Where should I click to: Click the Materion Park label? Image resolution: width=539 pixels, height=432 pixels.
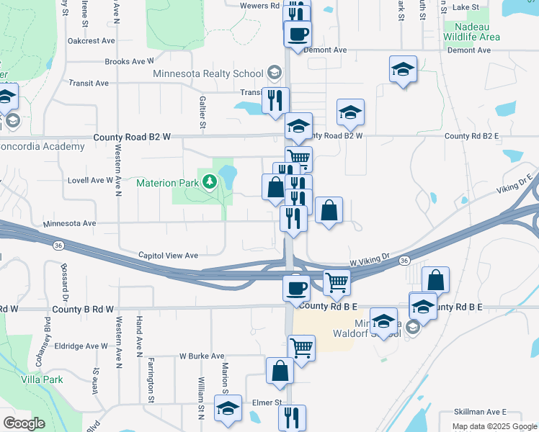[168, 182]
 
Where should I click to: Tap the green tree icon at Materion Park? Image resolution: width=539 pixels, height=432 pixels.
[210, 181]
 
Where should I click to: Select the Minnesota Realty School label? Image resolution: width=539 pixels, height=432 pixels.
[208, 73]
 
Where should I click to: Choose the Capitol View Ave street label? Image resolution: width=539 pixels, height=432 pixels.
[168, 256]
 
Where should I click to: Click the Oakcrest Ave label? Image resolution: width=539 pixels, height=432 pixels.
[92, 41]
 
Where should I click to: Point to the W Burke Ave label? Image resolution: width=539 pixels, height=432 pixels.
[202, 356]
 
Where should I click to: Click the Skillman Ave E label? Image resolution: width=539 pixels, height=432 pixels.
[481, 412]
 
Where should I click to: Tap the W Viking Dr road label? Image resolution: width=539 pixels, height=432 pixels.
[369, 256]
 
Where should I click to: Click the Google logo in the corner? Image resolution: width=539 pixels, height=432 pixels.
[24, 423]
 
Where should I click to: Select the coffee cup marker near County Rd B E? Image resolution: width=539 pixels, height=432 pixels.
[296, 288]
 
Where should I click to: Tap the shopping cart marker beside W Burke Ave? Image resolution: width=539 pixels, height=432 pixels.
[301, 348]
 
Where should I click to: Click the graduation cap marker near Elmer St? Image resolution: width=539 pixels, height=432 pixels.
[228, 407]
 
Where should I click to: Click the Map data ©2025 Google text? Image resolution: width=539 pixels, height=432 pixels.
[494, 426]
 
